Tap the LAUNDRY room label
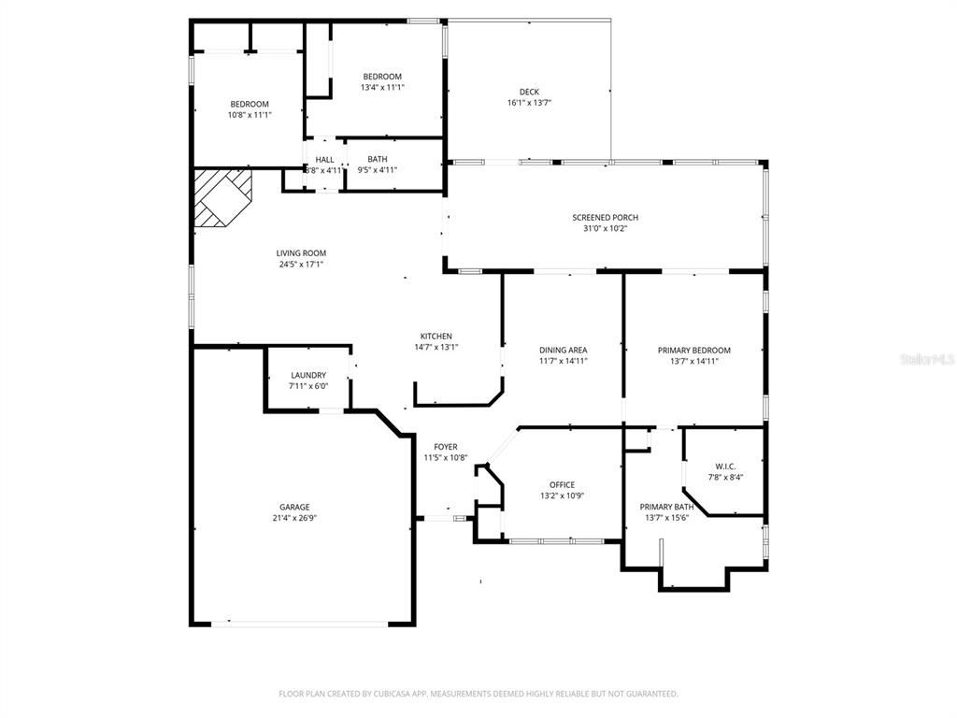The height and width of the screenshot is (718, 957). click(308, 375)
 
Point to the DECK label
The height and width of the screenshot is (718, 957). click(529, 92)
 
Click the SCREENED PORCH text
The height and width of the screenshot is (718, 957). click(606, 217)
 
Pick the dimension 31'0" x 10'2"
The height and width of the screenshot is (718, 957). click(606, 228)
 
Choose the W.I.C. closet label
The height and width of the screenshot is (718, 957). click(726, 466)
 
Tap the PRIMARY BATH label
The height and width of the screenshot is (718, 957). click(666, 507)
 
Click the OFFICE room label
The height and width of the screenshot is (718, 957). click(562, 484)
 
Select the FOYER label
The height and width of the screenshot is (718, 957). click(446, 447)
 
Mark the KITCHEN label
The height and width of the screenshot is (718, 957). click(436, 336)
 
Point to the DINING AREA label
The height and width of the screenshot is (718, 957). click(563, 350)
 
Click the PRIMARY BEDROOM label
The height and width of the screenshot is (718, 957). click(693, 350)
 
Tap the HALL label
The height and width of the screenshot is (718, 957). click(324, 159)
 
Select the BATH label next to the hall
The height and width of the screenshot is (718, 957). click(378, 159)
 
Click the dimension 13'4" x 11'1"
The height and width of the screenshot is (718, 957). click(381, 88)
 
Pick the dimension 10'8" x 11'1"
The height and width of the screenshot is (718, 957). click(250, 115)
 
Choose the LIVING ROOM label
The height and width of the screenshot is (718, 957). click(301, 252)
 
